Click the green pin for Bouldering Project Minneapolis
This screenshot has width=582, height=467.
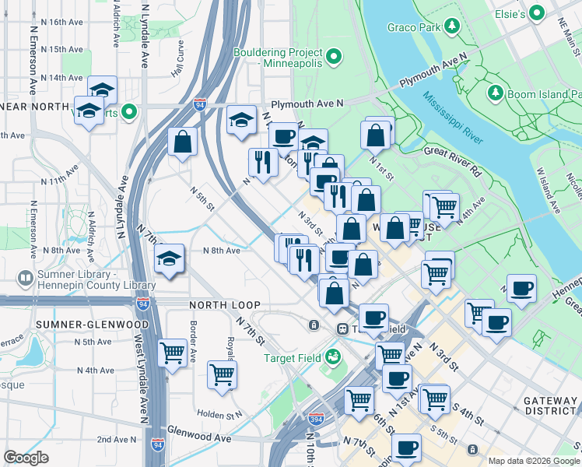click(x=334, y=56)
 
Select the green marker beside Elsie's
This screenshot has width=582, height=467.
click(x=536, y=13)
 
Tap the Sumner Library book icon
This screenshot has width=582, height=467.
click(x=25, y=278)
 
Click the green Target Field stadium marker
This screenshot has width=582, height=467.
click(x=333, y=357)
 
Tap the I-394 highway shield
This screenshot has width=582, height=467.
click(x=315, y=420)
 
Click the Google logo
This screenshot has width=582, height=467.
click(x=26, y=457)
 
